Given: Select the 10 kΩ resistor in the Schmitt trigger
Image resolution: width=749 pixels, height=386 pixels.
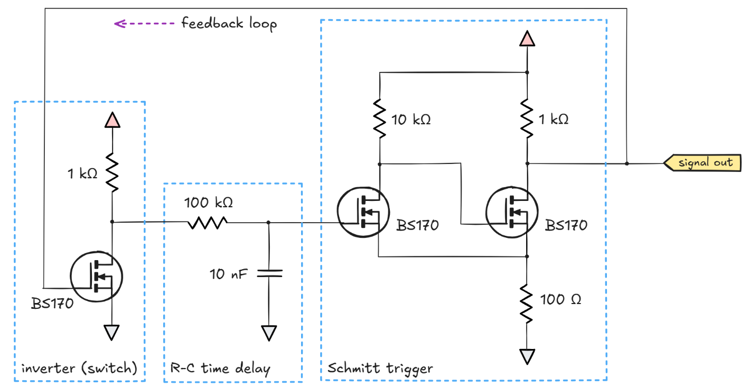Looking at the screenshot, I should [379, 118].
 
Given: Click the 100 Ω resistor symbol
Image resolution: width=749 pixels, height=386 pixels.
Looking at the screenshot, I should [527, 303].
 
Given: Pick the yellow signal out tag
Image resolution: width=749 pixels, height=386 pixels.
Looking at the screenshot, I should [703, 163].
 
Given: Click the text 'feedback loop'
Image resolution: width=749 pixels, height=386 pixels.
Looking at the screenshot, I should [229, 24].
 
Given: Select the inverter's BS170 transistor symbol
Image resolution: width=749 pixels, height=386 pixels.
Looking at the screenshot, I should [97, 276].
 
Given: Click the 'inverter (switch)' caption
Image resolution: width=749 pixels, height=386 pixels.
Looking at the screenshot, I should [79, 369].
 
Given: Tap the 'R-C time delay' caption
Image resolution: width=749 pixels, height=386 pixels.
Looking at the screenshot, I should [220, 369].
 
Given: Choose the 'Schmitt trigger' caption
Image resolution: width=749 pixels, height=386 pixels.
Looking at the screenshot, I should [380, 368].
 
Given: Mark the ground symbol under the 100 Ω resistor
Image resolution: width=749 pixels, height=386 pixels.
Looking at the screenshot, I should [527, 356].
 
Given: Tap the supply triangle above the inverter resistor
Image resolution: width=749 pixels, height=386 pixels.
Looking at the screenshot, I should [112, 120].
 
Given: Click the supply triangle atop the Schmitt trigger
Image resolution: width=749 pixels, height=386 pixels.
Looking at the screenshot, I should [527, 39].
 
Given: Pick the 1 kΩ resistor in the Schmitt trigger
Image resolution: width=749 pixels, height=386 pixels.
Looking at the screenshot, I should [527, 119].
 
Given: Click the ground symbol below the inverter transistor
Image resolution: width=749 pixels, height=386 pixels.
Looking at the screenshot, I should [112, 332].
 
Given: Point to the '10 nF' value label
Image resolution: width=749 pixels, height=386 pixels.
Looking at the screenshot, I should [228, 274].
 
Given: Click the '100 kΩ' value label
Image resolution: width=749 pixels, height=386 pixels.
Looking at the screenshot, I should [208, 203].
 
